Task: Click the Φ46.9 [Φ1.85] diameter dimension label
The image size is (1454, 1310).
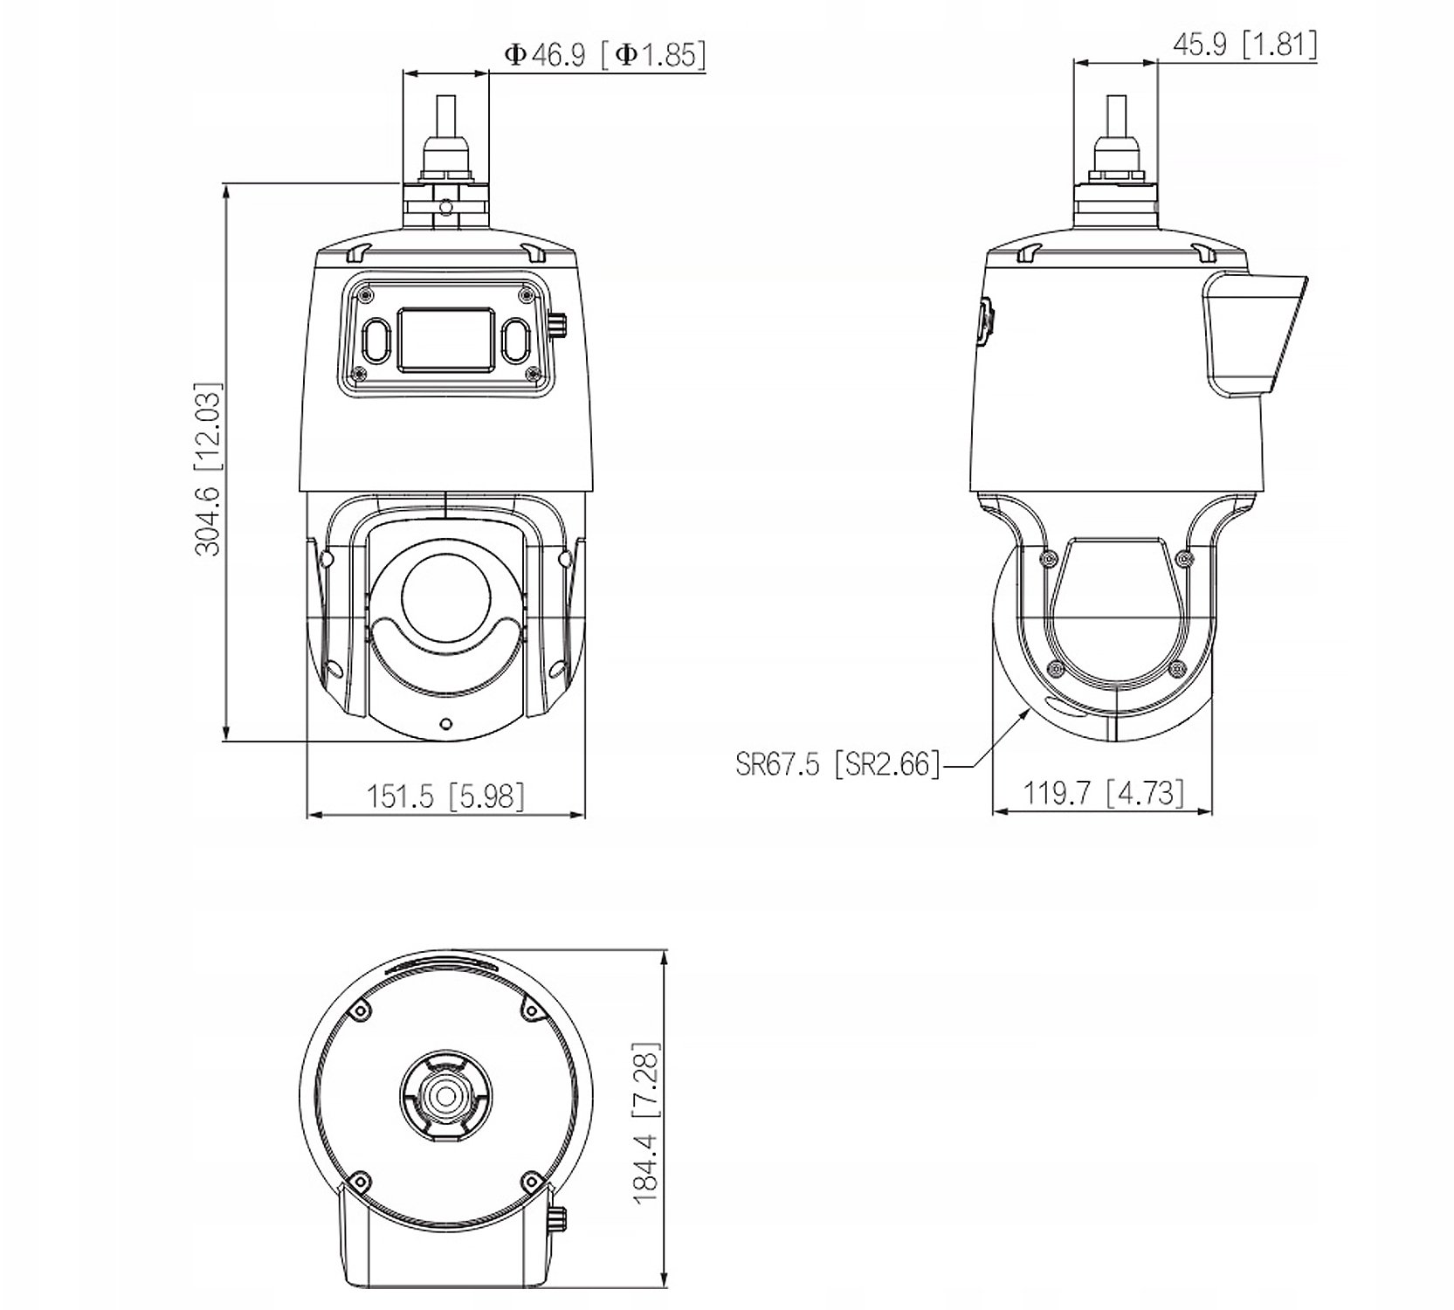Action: click(604, 55)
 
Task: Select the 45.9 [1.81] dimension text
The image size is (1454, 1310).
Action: click(1244, 44)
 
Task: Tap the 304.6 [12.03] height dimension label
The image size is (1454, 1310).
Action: click(208, 468)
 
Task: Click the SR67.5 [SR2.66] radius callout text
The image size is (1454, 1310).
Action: click(837, 764)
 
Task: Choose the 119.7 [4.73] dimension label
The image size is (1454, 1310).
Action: click(1104, 793)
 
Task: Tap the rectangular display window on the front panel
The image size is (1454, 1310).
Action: click(444, 338)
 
